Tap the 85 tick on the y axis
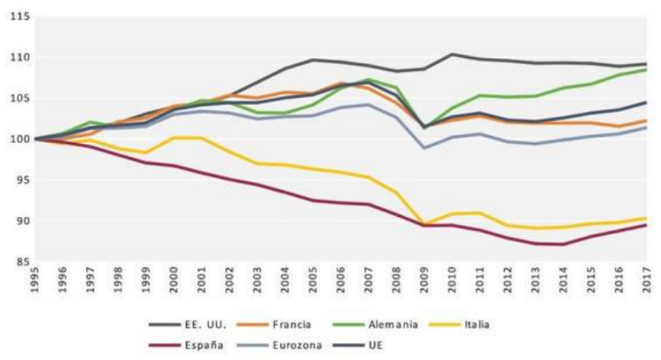[x=19, y=261]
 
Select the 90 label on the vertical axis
[x=19, y=221]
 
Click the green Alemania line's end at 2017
[x=644, y=69]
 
